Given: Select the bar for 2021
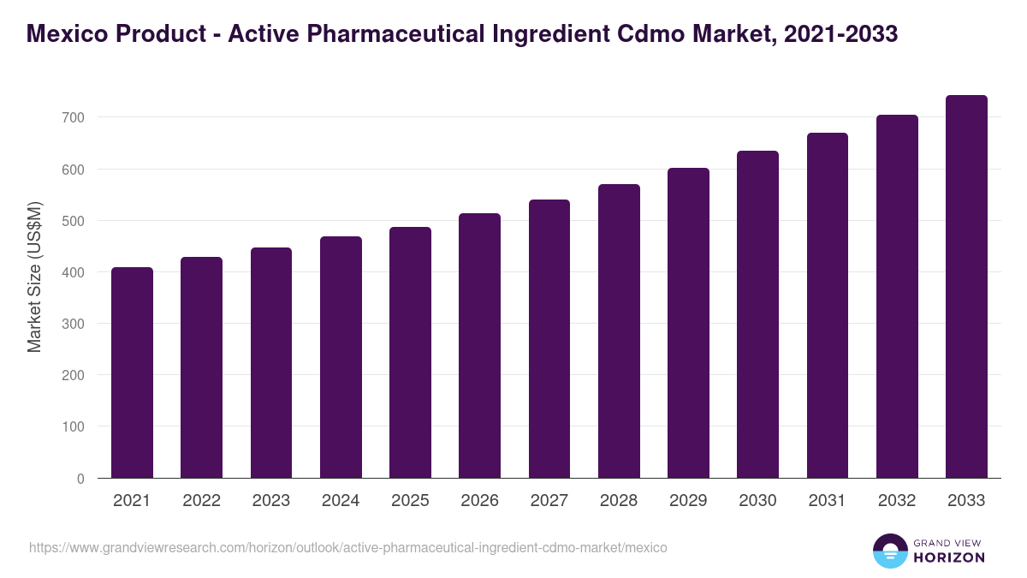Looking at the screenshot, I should pos(132,372).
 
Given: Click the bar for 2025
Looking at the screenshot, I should pos(410,353).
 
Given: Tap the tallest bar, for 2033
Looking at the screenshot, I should pos(966,287).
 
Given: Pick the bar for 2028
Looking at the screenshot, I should pos(619,331).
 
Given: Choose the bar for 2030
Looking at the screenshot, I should pos(757,314).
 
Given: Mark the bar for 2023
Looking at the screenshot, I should pos(271,363).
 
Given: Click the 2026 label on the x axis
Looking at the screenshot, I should pos(479,501).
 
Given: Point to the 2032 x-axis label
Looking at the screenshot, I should pos(897,501).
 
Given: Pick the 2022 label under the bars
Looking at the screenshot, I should pos(201,501).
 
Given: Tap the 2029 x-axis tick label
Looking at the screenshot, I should pos(688,501).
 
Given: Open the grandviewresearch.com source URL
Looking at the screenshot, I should pos(348,547).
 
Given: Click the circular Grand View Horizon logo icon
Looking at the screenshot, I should pos(889,551).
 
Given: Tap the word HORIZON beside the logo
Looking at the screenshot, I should pos(949,557).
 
